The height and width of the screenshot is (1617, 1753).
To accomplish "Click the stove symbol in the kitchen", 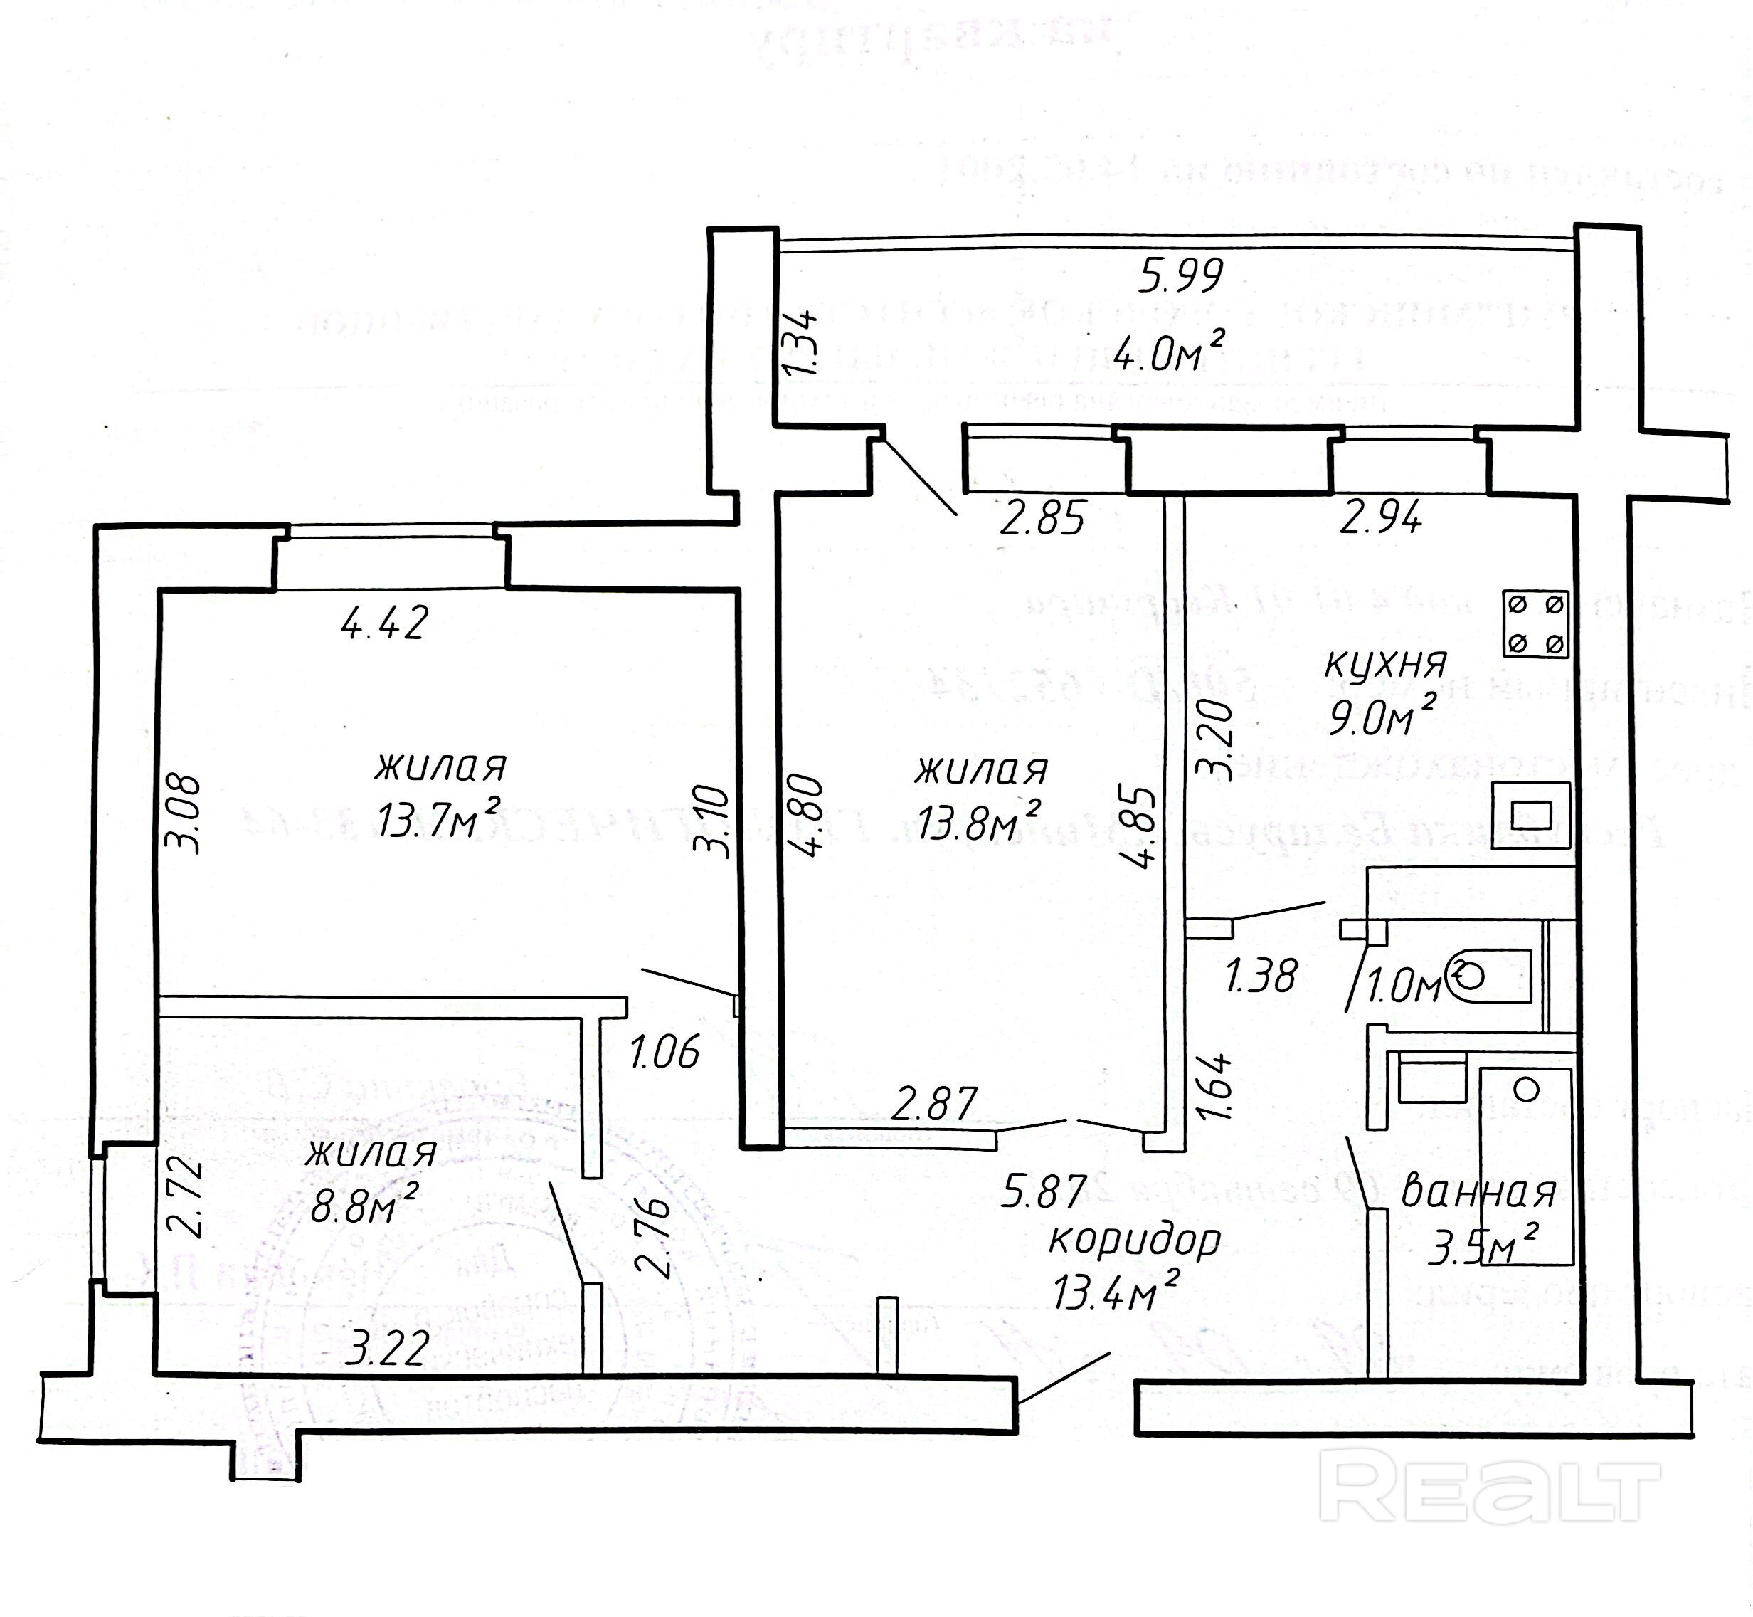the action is point(1536,625).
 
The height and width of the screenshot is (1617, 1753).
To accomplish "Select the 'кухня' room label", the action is point(1384,664).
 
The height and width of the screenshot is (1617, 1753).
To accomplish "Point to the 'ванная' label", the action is point(1478,1194).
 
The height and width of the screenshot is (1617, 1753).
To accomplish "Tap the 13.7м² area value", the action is point(438,820).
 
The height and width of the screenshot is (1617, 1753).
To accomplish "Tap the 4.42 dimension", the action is point(385,623).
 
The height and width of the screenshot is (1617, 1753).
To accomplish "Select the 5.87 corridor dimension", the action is point(1044,1191).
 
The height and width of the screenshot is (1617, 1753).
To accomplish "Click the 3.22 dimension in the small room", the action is point(388,1347).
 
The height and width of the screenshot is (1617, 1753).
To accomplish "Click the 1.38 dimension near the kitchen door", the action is point(1261,976).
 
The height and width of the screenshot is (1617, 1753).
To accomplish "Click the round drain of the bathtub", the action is point(1527,1090).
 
